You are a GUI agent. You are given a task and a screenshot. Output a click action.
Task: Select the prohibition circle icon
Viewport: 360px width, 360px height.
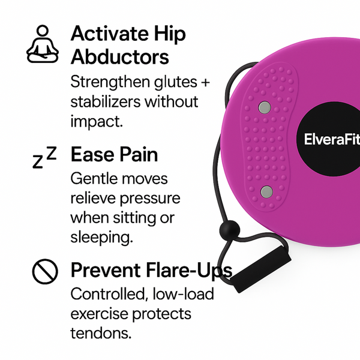[x=44, y=272]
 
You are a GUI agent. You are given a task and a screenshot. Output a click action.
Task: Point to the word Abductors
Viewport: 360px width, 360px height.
[x=119, y=57]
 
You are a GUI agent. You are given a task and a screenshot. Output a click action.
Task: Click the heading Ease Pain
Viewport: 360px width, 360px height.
[x=114, y=154]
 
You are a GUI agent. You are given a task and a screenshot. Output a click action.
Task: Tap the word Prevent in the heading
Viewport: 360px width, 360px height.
[x=106, y=271]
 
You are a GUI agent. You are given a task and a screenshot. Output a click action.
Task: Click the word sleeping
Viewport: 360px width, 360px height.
[x=101, y=236]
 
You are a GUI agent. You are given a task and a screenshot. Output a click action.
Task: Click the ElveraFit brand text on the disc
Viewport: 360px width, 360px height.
[x=332, y=140]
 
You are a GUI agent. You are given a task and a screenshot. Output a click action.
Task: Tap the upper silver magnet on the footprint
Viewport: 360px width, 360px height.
[x=264, y=107]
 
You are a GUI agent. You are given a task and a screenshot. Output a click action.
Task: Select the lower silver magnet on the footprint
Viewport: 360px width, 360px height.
[x=266, y=192]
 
